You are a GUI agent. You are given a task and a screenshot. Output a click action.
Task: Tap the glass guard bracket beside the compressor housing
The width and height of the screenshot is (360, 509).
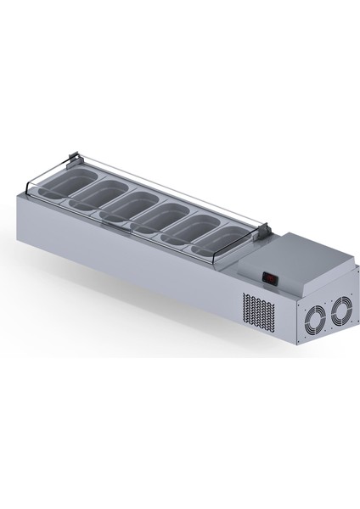(265, 229)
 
